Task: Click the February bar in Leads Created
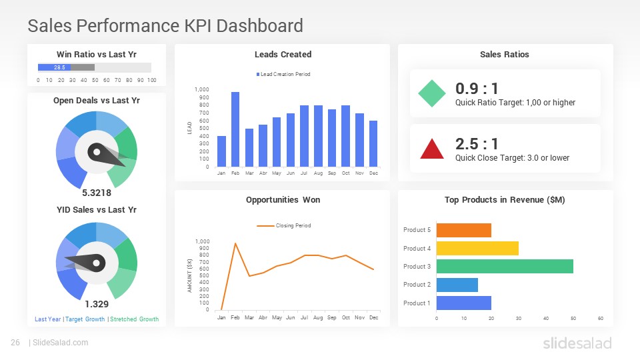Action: click(235, 129)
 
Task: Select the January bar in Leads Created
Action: click(221, 151)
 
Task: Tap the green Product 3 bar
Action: click(505, 266)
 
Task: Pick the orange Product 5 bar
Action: click(463, 230)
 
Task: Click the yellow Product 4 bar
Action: click(477, 248)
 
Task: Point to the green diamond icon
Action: click(431, 94)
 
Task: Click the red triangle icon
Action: click(431, 149)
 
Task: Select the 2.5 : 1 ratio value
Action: click(477, 144)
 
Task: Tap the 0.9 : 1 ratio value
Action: click(477, 89)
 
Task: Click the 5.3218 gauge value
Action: click(97, 193)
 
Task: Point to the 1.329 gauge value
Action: click(97, 304)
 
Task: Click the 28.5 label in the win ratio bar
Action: click(59, 67)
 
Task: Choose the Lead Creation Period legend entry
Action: click(283, 74)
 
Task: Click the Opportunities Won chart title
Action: click(283, 199)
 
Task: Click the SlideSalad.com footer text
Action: click(60, 343)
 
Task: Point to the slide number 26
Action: click(15, 343)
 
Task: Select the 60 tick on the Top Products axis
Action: click(601, 319)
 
